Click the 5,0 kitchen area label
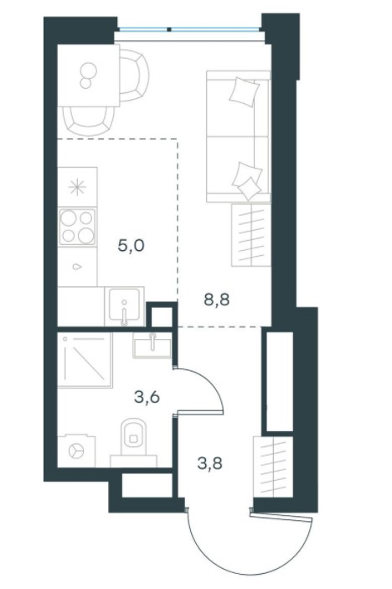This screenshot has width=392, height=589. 131,247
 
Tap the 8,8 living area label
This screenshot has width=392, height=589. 216,300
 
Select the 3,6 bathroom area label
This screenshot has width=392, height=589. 147,396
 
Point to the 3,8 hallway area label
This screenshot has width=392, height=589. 210,463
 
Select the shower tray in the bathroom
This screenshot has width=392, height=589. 85,360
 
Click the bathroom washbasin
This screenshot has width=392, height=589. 152,346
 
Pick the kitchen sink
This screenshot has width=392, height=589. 124,305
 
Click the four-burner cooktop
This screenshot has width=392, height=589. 77,227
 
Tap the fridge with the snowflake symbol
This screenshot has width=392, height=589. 77,187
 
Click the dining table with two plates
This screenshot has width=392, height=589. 89,76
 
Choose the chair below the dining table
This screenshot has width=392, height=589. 89,121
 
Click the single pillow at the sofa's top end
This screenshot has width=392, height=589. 245,91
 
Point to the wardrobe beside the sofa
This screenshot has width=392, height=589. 251,235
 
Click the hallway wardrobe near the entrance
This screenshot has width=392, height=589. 273,467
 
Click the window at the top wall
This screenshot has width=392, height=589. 188,29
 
